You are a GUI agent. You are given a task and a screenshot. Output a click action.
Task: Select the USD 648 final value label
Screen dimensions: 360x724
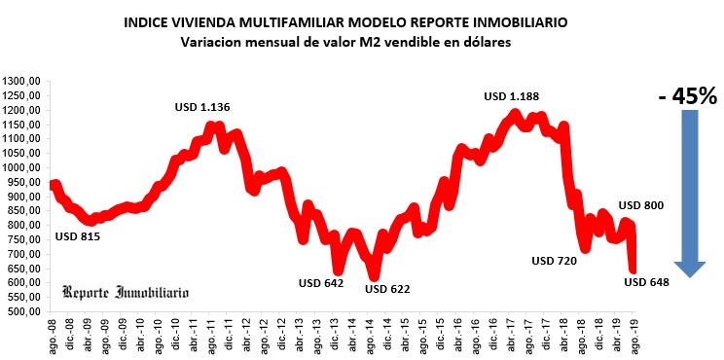click(x=647, y=282)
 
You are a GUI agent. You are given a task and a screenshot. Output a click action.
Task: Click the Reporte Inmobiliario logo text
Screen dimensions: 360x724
click(x=126, y=292)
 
